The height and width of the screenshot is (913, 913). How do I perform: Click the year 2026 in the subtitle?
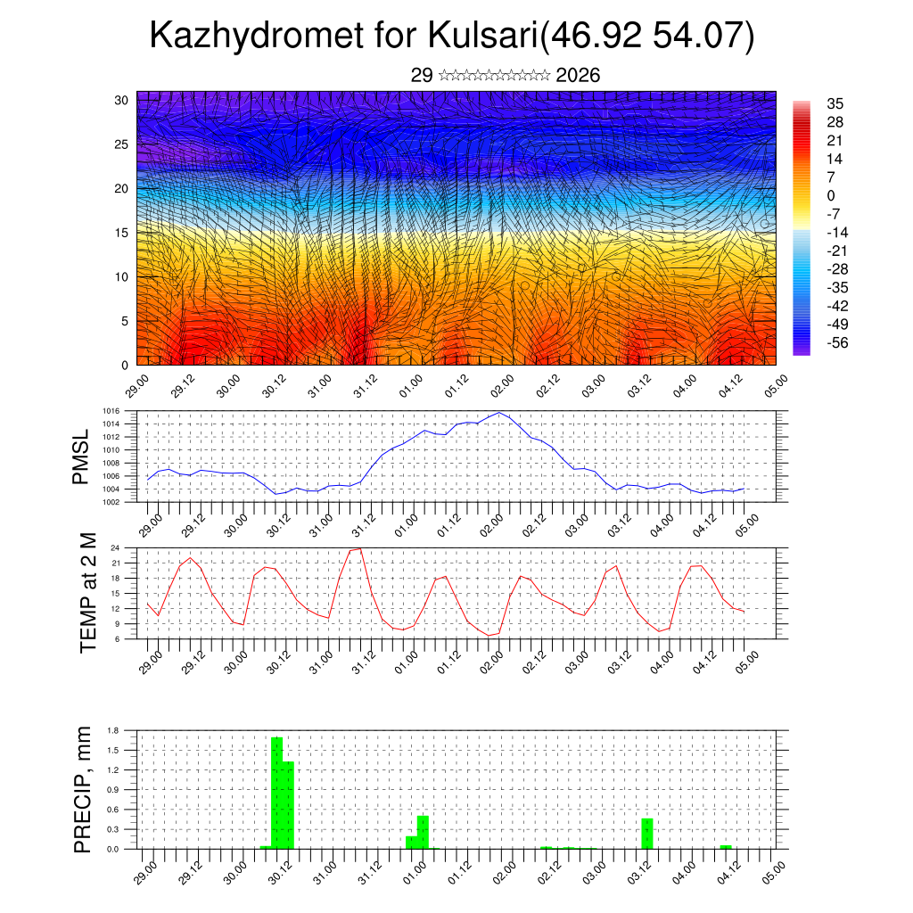tap(578, 76)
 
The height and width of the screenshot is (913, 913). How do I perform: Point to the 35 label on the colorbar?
tap(835, 103)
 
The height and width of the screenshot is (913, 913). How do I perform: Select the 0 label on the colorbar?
tap(831, 195)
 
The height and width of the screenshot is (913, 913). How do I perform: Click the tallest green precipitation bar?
tap(277, 794)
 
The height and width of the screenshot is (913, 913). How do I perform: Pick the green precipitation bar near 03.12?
tap(647, 834)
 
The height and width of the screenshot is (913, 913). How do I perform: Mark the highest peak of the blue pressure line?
tap(500, 413)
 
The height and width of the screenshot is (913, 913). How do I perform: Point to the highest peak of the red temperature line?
tap(359, 548)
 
